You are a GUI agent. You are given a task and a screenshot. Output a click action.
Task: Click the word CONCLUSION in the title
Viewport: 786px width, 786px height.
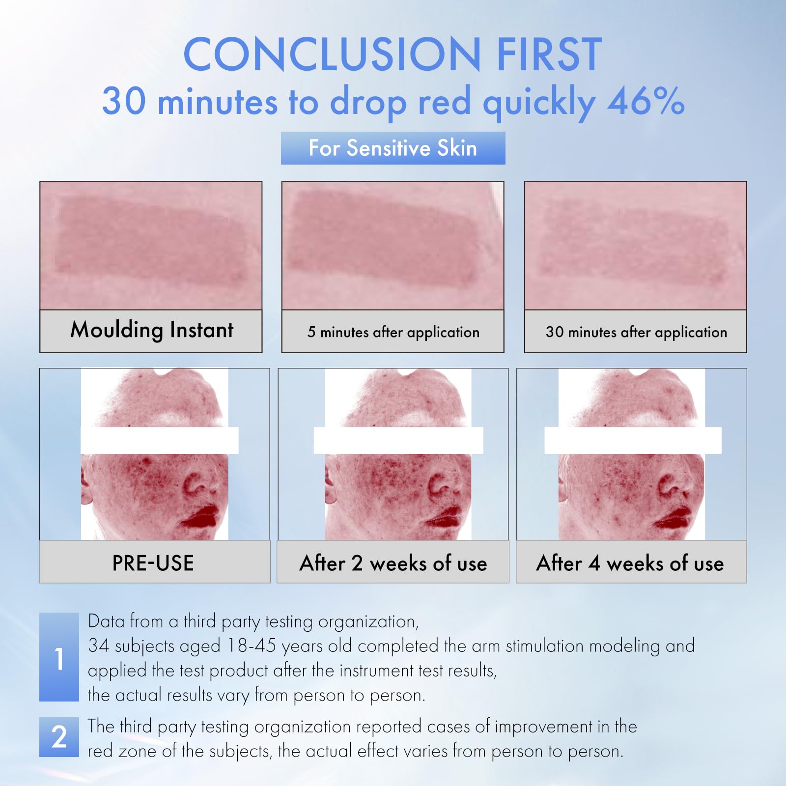[x=332, y=54]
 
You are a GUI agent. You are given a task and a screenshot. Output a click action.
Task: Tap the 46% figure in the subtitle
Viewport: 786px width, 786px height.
[x=646, y=101]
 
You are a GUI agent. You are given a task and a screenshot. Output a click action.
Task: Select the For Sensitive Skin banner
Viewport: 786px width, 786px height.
[x=393, y=148]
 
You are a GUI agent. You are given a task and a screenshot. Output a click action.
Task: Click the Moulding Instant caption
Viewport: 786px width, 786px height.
[x=152, y=330]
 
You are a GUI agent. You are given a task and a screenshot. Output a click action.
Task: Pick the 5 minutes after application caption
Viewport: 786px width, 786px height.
[x=393, y=332]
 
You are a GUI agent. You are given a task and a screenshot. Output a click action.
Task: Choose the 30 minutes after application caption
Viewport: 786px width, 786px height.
[x=636, y=332]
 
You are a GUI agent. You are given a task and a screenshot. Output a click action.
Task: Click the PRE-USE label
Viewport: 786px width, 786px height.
[x=153, y=563]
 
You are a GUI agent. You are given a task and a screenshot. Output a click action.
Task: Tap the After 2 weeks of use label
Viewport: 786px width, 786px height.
[x=393, y=563]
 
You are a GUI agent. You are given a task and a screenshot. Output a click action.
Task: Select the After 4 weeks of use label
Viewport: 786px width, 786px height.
[x=630, y=563]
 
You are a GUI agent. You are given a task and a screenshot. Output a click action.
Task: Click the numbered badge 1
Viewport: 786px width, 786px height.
[x=59, y=657]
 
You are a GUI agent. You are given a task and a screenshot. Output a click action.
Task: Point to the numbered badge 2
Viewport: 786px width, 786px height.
[x=59, y=737]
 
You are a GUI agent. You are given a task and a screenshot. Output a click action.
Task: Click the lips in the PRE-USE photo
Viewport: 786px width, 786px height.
[x=202, y=515]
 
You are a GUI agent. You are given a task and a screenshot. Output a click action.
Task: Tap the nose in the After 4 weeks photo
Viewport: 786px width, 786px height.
[x=676, y=484]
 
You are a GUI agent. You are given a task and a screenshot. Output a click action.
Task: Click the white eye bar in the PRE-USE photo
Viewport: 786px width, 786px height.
[x=160, y=440]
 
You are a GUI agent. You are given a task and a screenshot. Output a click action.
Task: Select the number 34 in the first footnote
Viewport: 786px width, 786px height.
[x=98, y=646]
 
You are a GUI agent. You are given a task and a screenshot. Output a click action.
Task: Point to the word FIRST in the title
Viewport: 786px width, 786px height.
[x=549, y=54]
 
